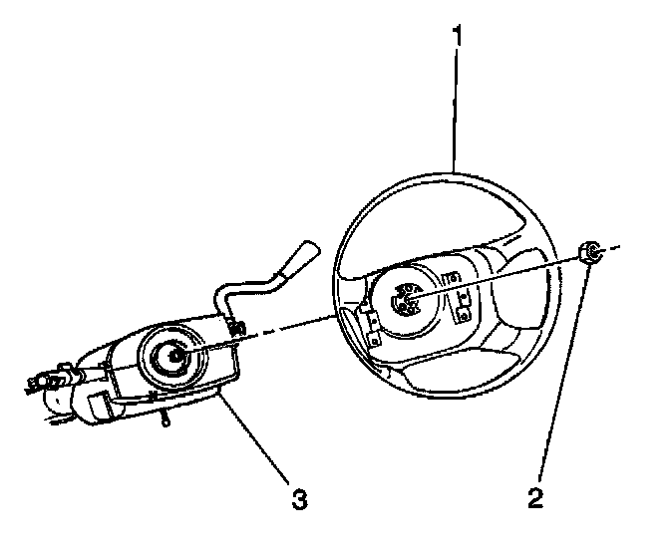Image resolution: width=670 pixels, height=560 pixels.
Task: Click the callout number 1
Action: coord(457,39)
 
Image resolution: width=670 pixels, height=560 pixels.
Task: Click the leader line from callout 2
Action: coord(564,379)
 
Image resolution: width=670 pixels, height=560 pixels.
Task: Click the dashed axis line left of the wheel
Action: coord(289,328)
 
